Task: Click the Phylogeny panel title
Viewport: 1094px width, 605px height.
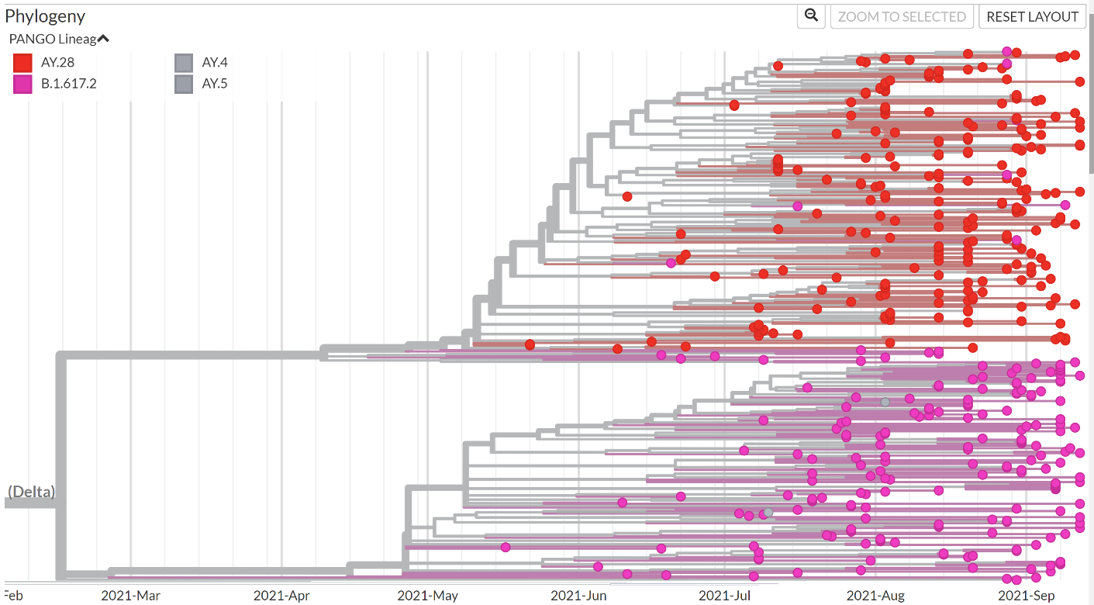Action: [x=45, y=16]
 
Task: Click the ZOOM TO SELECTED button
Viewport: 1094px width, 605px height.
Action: [x=902, y=16]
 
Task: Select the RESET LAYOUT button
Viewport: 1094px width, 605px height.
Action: [x=1032, y=16]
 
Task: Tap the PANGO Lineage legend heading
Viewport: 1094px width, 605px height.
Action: [x=53, y=39]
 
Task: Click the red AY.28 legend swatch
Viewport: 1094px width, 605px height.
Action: [x=22, y=63]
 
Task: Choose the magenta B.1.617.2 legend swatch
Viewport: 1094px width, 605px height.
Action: [x=22, y=84]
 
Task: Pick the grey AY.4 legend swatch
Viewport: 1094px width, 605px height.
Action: [x=184, y=63]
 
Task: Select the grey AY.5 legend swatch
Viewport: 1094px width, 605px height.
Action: [x=184, y=84]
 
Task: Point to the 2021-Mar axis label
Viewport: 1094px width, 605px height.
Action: [x=130, y=596]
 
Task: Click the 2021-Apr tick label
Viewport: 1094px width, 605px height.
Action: [x=281, y=596]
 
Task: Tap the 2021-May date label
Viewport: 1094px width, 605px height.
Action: [x=427, y=596]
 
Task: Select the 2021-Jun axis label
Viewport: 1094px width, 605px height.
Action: [x=578, y=596]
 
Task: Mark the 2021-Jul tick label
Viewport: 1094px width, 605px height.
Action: [x=725, y=596]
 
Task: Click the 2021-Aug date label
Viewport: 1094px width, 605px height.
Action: [x=875, y=596]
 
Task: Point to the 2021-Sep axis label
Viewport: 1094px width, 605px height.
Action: [x=1026, y=596]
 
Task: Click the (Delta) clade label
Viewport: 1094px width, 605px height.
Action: [x=32, y=492]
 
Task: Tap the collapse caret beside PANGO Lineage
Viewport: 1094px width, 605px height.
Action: [x=103, y=39]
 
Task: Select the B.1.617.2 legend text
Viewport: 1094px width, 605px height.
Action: [x=68, y=84]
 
